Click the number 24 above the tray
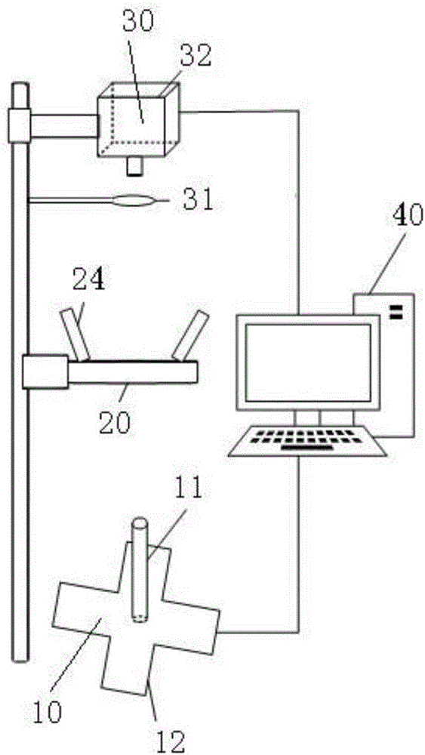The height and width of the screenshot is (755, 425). pos(88,279)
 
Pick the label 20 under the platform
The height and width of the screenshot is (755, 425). pos(114,423)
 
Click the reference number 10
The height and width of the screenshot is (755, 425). pos(48,711)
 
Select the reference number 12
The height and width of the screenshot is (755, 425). pos(170,741)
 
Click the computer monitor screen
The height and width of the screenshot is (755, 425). pos(308,362)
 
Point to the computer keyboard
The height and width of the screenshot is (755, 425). pos(308,440)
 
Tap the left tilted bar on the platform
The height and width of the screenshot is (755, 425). pos(75,335)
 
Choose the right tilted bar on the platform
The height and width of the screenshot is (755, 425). pos(190,335)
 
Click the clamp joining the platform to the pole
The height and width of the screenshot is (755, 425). pos(45,371)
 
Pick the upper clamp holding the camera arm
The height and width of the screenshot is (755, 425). pos(20,125)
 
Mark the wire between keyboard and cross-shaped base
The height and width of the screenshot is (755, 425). pos(298,544)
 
